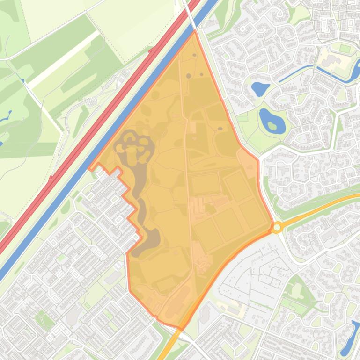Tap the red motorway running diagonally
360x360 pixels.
pyautogui.click(x=94, y=126)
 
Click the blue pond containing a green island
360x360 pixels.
pyautogui.click(x=272, y=121)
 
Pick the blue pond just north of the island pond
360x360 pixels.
pyautogui.click(x=260, y=88)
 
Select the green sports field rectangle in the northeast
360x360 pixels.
pyautogui.click(x=345, y=48)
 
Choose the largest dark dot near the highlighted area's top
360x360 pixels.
pyautogui.click(x=188, y=75)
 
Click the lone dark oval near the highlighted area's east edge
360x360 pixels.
pyautogui.click(x=220, y=129)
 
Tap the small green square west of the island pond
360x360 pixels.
pyautogui.click(x=242, y=119)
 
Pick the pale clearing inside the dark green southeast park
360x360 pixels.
pyautogui.click(x=297, y=290)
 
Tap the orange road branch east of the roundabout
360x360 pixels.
pyautogui.click(x=318, y=208)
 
